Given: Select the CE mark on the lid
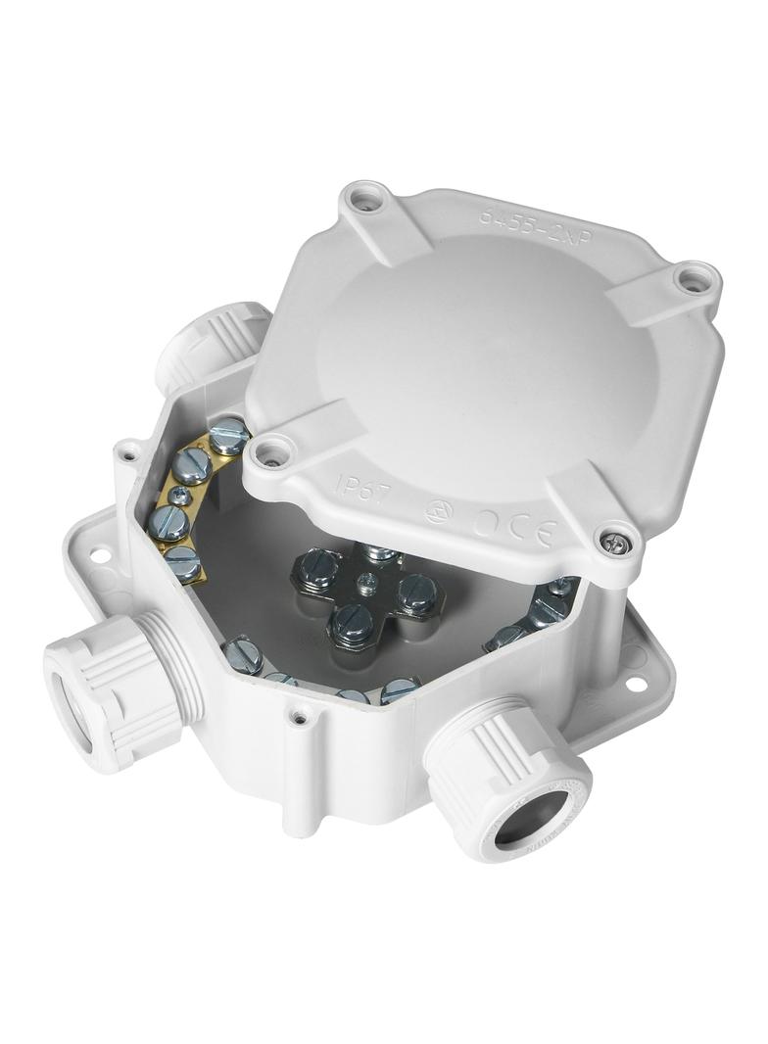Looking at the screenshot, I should pyautogui.click(x=513, y=528).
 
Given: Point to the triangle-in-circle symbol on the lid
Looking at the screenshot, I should pyautogui.click(x=438, y=510).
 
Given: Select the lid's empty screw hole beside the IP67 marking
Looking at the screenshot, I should pyautogui.click(x=272, y=452).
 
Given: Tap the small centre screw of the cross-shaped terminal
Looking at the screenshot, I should pyautogui.click(x=364, y=587).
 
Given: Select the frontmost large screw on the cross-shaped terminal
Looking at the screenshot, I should pyautogui.click(x=352, y=622).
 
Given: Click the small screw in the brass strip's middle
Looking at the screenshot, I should pyautogui.click(x=179, y=497).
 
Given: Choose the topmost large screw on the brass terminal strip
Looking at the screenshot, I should pyautogui.click(x=228, y=432).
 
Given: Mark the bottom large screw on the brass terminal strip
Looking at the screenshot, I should pyautogui.click(x=182, y=560).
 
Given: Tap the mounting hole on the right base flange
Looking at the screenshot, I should pyautogui.click(x=637, y=683).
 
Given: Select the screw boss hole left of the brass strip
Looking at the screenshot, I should pyautogui.click(x=127, y=452).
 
